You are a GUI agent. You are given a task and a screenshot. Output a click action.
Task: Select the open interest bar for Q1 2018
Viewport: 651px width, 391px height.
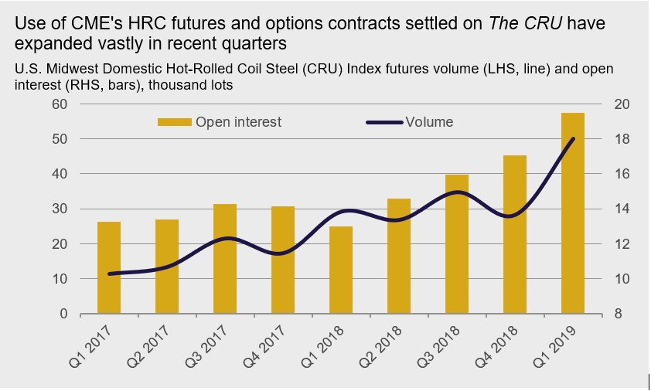pos(341,270)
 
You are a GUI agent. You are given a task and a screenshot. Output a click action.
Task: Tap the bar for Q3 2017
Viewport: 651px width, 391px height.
pos(225,259)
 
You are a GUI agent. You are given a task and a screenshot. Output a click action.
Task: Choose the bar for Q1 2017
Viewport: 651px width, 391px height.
pos(109,267)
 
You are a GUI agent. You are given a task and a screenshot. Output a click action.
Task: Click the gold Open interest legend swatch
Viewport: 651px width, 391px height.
pos(174,122)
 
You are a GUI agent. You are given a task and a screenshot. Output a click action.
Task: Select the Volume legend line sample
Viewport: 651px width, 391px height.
pos(383,122)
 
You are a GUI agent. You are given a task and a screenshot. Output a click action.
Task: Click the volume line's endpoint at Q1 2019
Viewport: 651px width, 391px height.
pos(573,139)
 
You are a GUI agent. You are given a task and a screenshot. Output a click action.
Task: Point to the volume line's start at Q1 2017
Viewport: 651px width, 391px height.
pos(109,274)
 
